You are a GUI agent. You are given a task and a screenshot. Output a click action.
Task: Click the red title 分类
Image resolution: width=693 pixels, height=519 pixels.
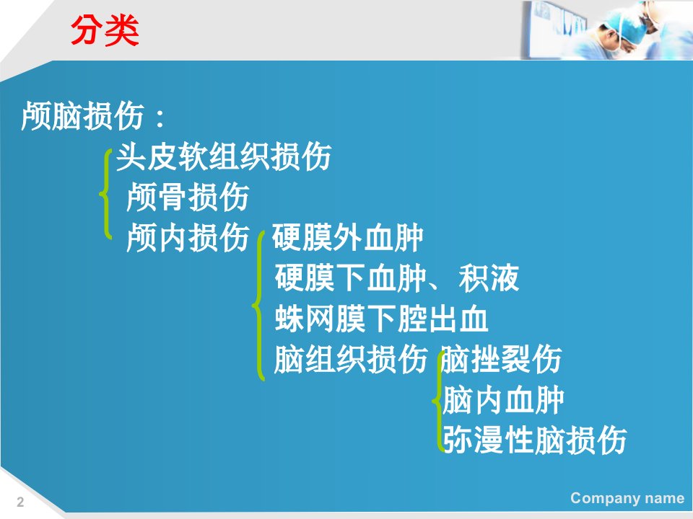[105, 30]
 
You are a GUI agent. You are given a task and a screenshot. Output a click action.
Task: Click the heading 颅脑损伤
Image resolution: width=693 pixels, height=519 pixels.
[82, 116]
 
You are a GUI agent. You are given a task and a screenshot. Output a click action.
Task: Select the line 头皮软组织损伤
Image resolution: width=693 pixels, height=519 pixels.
[224, 156]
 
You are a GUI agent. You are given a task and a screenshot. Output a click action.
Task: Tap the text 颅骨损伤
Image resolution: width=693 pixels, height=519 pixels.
[188, 198]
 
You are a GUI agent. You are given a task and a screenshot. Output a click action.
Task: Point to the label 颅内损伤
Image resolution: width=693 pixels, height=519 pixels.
[188, 237]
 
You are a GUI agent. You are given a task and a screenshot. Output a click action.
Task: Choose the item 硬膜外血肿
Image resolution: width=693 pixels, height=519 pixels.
[348, 237]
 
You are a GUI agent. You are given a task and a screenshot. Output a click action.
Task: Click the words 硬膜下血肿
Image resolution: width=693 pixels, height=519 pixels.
[351, 278]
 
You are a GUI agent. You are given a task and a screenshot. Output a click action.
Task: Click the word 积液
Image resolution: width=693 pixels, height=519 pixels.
[489, 278]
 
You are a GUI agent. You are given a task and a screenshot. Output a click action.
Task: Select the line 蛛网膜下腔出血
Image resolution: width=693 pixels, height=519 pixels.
[381, 318]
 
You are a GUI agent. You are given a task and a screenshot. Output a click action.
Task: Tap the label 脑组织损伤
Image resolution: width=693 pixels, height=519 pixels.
[351, 359]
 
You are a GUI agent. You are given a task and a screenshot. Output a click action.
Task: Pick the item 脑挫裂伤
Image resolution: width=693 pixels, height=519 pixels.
[502, 359]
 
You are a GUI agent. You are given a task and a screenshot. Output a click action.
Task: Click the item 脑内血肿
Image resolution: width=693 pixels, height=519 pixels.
[503, 400]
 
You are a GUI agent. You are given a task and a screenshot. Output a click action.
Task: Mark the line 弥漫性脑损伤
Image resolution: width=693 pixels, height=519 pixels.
[535, 440]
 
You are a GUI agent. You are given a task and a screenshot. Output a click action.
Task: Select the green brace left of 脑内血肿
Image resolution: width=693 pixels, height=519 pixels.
[437, 401]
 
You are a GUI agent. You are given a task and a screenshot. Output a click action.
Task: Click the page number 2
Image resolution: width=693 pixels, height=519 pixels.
[20, 502]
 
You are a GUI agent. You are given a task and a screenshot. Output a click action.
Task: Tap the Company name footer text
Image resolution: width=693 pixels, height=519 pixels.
[627, 498]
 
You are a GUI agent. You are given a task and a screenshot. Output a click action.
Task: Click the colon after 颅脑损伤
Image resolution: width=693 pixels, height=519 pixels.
[160, 117]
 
